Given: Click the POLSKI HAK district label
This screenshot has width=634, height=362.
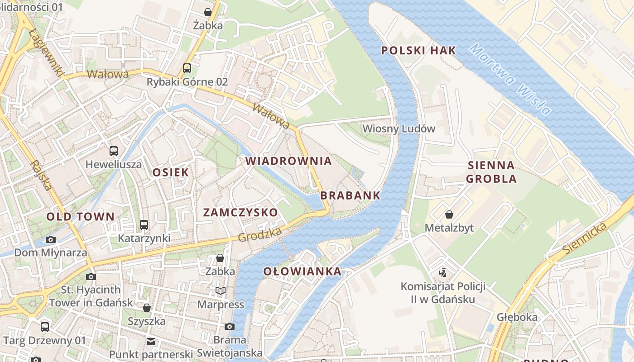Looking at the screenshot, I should pos(418,50).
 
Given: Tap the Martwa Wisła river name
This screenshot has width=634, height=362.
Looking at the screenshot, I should pos(511,80).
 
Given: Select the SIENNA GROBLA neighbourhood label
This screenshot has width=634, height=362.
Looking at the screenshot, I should pos(491,172).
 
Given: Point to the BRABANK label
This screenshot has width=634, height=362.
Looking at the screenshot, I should pos(350,195).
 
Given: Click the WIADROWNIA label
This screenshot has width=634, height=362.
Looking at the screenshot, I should pos(288,161).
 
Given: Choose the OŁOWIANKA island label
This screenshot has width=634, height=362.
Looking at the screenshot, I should pos(302,271).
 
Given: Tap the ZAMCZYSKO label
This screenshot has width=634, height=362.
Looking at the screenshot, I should pos(240,212).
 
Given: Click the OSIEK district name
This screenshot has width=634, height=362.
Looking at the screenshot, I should pos(170,172).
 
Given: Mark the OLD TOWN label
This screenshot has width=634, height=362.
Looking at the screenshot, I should pos(80,216).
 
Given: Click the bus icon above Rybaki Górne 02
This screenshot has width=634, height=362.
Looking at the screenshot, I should pos(187,68).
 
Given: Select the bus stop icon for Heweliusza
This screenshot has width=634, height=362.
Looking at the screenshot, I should pos(114,151).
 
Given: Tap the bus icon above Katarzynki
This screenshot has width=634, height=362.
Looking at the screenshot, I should pos(144,224).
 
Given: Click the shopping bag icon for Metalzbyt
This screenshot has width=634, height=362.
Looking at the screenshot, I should pos(449,214).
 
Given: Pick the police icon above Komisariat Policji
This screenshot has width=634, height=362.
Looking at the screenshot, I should pos(442,272).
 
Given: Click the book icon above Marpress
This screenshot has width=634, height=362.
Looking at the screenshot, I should pos(221,291).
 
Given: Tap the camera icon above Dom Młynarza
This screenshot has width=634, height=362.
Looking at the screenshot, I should pos(51,239).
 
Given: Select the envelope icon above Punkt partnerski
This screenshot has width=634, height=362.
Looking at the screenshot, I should pos(151,341).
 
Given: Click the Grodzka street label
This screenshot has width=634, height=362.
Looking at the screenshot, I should pos(260,234).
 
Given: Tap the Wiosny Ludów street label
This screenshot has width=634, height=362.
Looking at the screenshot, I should pos(399,129).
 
